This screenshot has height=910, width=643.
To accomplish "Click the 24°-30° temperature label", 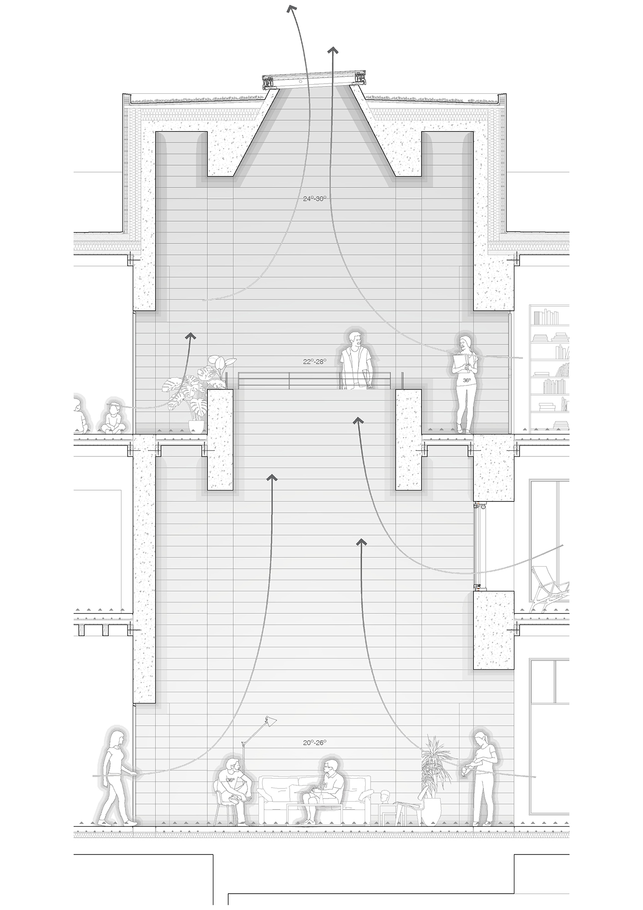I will click(x=315, y=199).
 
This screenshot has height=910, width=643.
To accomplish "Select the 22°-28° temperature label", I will click(x=315, y=362).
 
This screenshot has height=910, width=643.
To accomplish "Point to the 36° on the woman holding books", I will click(x=467, y=380).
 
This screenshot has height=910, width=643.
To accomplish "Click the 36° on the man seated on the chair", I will click(x=231, y=780).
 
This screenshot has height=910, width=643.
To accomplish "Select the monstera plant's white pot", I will click(x=196, y=426).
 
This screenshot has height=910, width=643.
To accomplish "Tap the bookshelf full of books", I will click(x=549, y=369).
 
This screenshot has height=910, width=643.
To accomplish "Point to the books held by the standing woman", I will click(x=462, y=363).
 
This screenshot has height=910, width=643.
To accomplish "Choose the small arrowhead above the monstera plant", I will click(x=191, y=336).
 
